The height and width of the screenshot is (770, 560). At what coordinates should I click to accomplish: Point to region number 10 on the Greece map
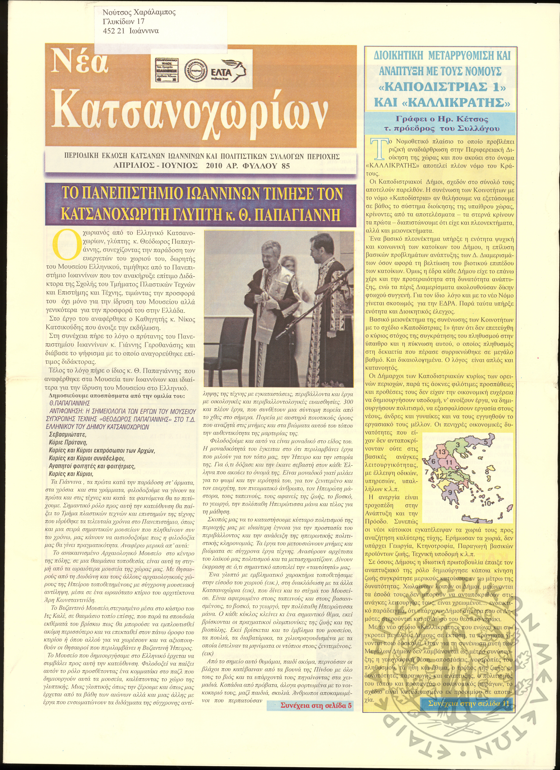coord(487,503)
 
